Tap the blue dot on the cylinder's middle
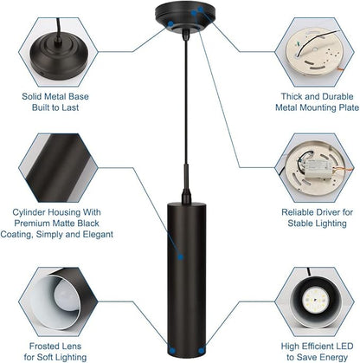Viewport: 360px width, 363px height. (181, 256)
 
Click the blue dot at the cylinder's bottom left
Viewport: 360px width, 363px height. (172, 351)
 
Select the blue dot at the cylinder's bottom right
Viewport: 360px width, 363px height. (202, 351)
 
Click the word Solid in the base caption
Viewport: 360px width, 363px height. (30, 96)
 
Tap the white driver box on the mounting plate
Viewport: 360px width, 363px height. (318, 168)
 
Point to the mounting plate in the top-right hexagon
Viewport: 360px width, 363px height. (314, 55)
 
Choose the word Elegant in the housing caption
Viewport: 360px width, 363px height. (98, 234)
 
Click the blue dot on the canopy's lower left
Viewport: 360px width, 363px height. (170, 23)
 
